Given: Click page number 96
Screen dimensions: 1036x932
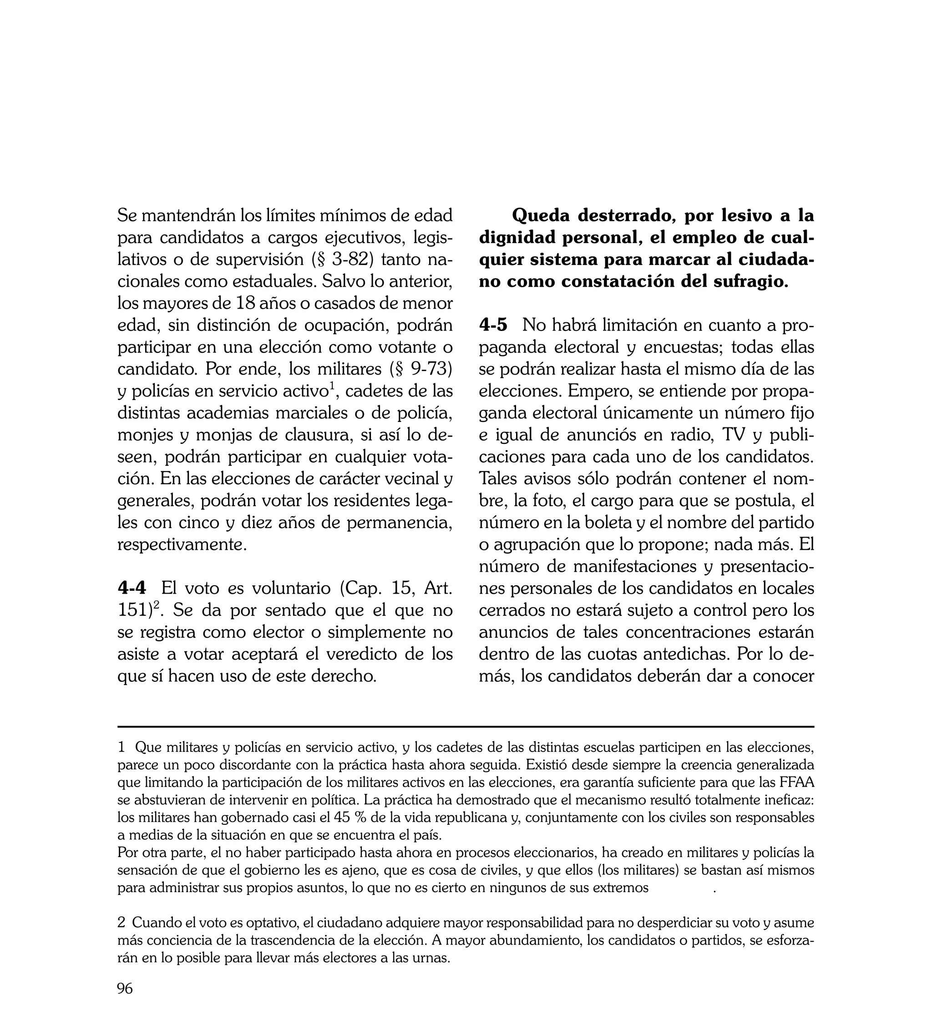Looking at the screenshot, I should pos(125,989).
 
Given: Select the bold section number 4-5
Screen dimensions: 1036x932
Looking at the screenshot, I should pos(493,325).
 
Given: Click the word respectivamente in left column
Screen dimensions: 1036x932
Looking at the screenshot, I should pos(182,544).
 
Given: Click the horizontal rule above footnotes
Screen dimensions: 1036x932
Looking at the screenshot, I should pos(466,726).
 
